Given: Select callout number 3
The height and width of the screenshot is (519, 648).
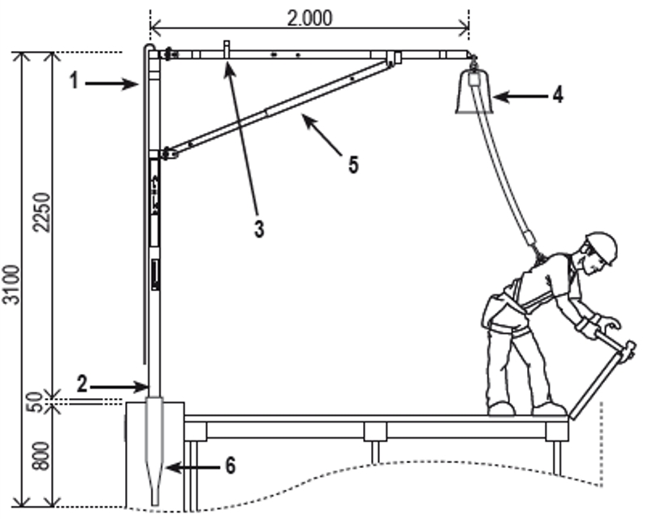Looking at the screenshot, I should click(258, 229).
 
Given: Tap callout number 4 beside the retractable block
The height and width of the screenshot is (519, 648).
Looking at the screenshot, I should click(556, 95).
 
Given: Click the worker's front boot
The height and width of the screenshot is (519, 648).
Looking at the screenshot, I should click(548, 408).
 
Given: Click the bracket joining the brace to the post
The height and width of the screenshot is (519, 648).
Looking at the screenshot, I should click(168, 153).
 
